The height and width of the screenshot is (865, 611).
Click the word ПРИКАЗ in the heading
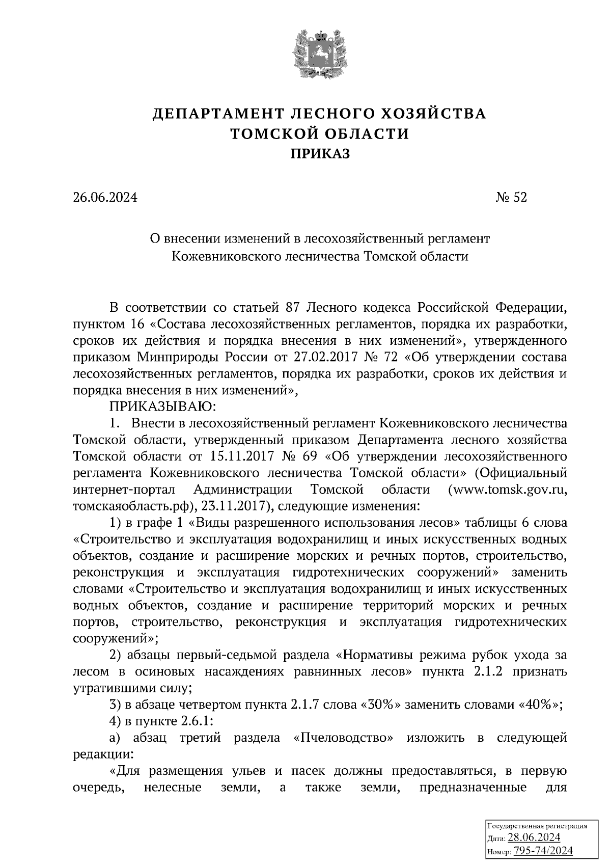pos(320,154)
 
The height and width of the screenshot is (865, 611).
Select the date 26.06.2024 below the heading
pos(105,197)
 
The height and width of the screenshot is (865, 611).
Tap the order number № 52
pos(511,197)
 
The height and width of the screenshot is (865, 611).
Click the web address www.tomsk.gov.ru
pos(507,490)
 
